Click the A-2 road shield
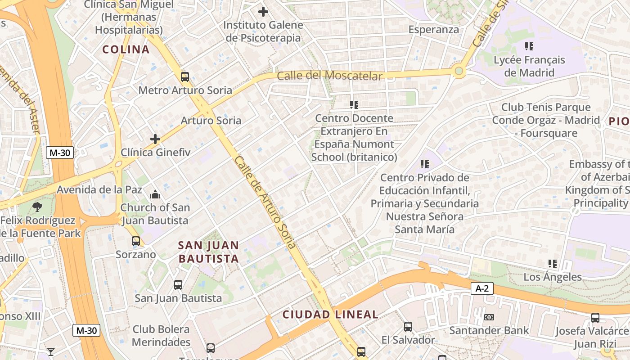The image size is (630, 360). [482, 288]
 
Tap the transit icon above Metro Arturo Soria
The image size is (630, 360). [185, 76]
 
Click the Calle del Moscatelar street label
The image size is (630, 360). [329, 76]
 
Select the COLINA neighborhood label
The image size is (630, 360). [126, 49]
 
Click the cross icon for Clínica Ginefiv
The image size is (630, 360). [155, 139]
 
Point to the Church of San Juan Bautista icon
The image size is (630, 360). [155, 194]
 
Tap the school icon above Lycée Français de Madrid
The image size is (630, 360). [529, 46]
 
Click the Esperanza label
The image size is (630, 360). [434, 30]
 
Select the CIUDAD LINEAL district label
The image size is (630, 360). [330, 315]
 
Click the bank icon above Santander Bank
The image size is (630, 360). [489, 317]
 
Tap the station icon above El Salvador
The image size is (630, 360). [408, 326]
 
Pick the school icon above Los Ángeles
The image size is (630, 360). [553, 264]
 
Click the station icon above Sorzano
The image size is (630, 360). [136, 241]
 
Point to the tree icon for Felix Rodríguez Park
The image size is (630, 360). [37, 207]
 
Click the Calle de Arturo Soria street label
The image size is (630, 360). [265, 202]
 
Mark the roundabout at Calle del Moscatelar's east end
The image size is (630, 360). [459, 71]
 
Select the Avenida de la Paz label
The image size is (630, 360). [99, 190]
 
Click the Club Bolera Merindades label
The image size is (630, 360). [162, 336]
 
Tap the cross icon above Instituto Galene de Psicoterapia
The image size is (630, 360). [263, 12]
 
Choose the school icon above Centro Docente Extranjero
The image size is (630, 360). [354, 105]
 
